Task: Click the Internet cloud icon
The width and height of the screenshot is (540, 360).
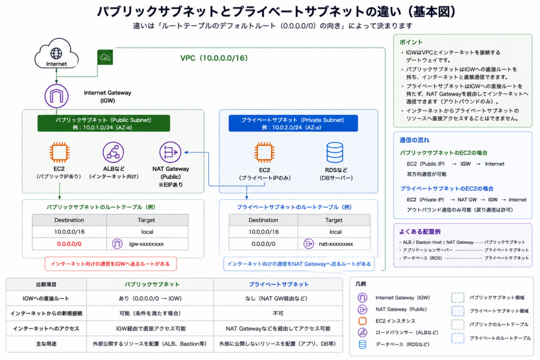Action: pyautogui.click(x=56, y=53)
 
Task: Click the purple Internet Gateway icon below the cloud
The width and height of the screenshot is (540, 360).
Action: pyautogui.click(x=56, y=96)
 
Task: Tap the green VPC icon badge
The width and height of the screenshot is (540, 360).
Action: pyautogui.click(x=105, y=57)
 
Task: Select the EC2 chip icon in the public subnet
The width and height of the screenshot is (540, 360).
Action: pyautogui.click(x=59, y=152)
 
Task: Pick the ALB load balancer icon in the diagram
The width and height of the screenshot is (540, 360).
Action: pyautogui.click(x=113, y=152)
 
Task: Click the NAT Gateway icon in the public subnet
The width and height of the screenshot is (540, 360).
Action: pyautogui.click(x=170, y=152)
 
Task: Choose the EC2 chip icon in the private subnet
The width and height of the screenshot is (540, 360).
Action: pyautogui.click(x=264, y=152)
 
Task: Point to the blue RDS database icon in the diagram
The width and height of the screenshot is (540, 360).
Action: pyautogui.click(x=335, y=152)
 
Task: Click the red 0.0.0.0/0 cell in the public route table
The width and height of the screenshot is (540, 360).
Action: pyautogui.click(x=69, y=244)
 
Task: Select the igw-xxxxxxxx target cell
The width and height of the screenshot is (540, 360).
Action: pyautogui.click(x=148, y=244)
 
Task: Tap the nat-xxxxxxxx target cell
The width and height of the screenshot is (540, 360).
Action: pyautogui.click(x=334, y=244)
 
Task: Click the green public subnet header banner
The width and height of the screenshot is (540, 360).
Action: pyautogui.click(x=104, y=123)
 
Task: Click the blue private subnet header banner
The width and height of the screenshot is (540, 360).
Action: pyautogui.click(x=293, y=123)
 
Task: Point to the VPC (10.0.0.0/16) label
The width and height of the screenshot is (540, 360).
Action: pyautogui.click(x=214, y=58)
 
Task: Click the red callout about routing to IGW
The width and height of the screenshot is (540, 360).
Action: pyautogui.click(x=111, y=264)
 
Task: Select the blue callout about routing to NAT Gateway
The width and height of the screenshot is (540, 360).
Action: pyautogui.click(x=299, y=264)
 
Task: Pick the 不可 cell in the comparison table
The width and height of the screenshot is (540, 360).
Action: pyautogui.click(x=278, y=313)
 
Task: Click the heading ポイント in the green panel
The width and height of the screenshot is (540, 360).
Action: pyautogui.click(x=411, y=42)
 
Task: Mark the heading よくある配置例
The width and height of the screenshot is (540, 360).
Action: pyautogui.click(x=420, y=231)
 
